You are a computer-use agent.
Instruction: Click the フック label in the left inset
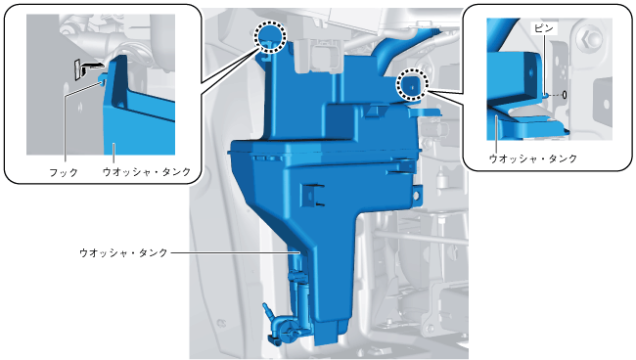[x=64, y=172]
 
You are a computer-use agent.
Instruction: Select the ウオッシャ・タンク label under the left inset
[x=147, y=172]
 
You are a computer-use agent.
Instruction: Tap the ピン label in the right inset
[x=544, y=28]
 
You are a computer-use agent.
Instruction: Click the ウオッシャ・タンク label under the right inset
[x=533, y=158]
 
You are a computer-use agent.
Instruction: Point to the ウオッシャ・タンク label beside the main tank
[x=123, y=253]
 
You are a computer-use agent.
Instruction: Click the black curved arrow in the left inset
[x=90, y=65]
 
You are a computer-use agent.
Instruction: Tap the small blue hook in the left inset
[x=103, y=77]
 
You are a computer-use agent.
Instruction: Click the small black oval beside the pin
[x=564, y=95]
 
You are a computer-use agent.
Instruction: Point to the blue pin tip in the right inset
[x=546, y=95]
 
